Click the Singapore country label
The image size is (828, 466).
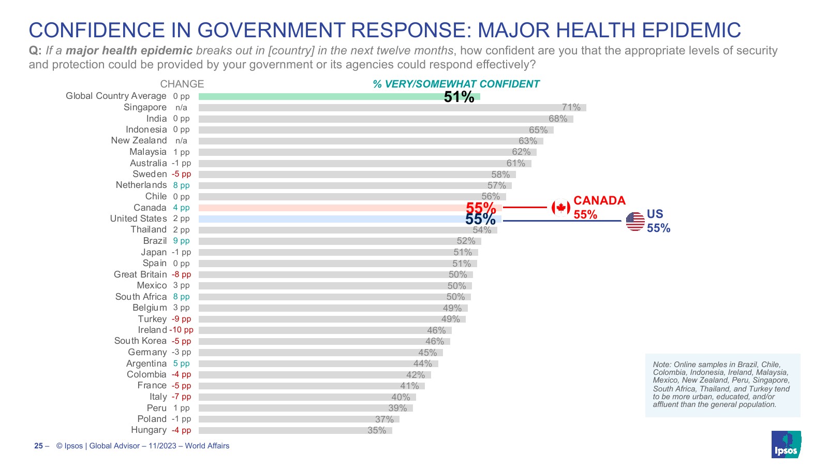[x=145, y=107]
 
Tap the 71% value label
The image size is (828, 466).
[x=571, y=107]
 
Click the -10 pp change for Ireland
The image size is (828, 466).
[x=181, y=330]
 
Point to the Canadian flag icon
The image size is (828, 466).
[x=560, y=208]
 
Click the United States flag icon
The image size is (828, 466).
[x=635, y=221]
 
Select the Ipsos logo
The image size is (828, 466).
[x=786, y=444]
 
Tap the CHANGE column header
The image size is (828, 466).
[x=182, y=84]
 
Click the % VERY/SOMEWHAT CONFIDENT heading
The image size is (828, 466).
[x=456, y=84]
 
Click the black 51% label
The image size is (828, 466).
[x=459, y=97]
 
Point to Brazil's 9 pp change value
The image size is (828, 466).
[x=181, y=241]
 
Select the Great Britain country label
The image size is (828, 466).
[x=140, y=274]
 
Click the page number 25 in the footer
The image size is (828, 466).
[x=38, y=446]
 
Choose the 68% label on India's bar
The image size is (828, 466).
[x=558, y=119]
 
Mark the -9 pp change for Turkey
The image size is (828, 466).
[x=181, y=319]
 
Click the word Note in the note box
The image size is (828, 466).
[x=661, y=365]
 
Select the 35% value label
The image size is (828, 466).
[x=377, y=430]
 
